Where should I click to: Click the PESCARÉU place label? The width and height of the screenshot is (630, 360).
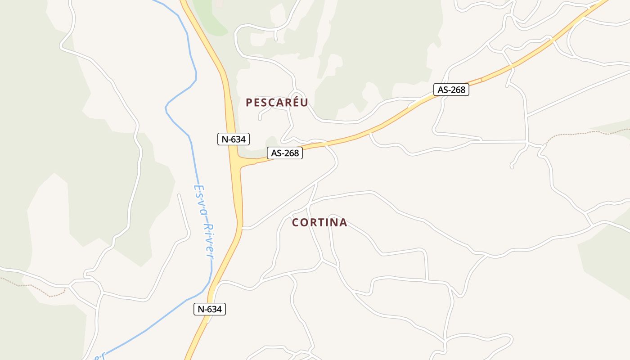click(277, 103)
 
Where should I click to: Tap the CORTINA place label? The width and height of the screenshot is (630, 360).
click(319, 222)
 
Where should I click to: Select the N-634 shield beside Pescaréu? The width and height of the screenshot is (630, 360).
click(233, 139)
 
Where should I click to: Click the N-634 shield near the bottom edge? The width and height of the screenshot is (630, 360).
click(210, 309)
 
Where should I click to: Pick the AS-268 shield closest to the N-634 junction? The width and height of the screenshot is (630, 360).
click(285, 153)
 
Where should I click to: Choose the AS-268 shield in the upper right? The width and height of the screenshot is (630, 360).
click(451, 90)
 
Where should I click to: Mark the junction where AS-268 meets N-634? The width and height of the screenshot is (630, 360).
click(238, 162)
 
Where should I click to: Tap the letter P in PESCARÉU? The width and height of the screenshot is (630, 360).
click(249, 103)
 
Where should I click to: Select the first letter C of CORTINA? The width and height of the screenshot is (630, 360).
click(296, 222)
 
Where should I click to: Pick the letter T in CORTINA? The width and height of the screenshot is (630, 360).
click(320, 222)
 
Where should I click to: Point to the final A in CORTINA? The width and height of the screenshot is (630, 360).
click(343, 222)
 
